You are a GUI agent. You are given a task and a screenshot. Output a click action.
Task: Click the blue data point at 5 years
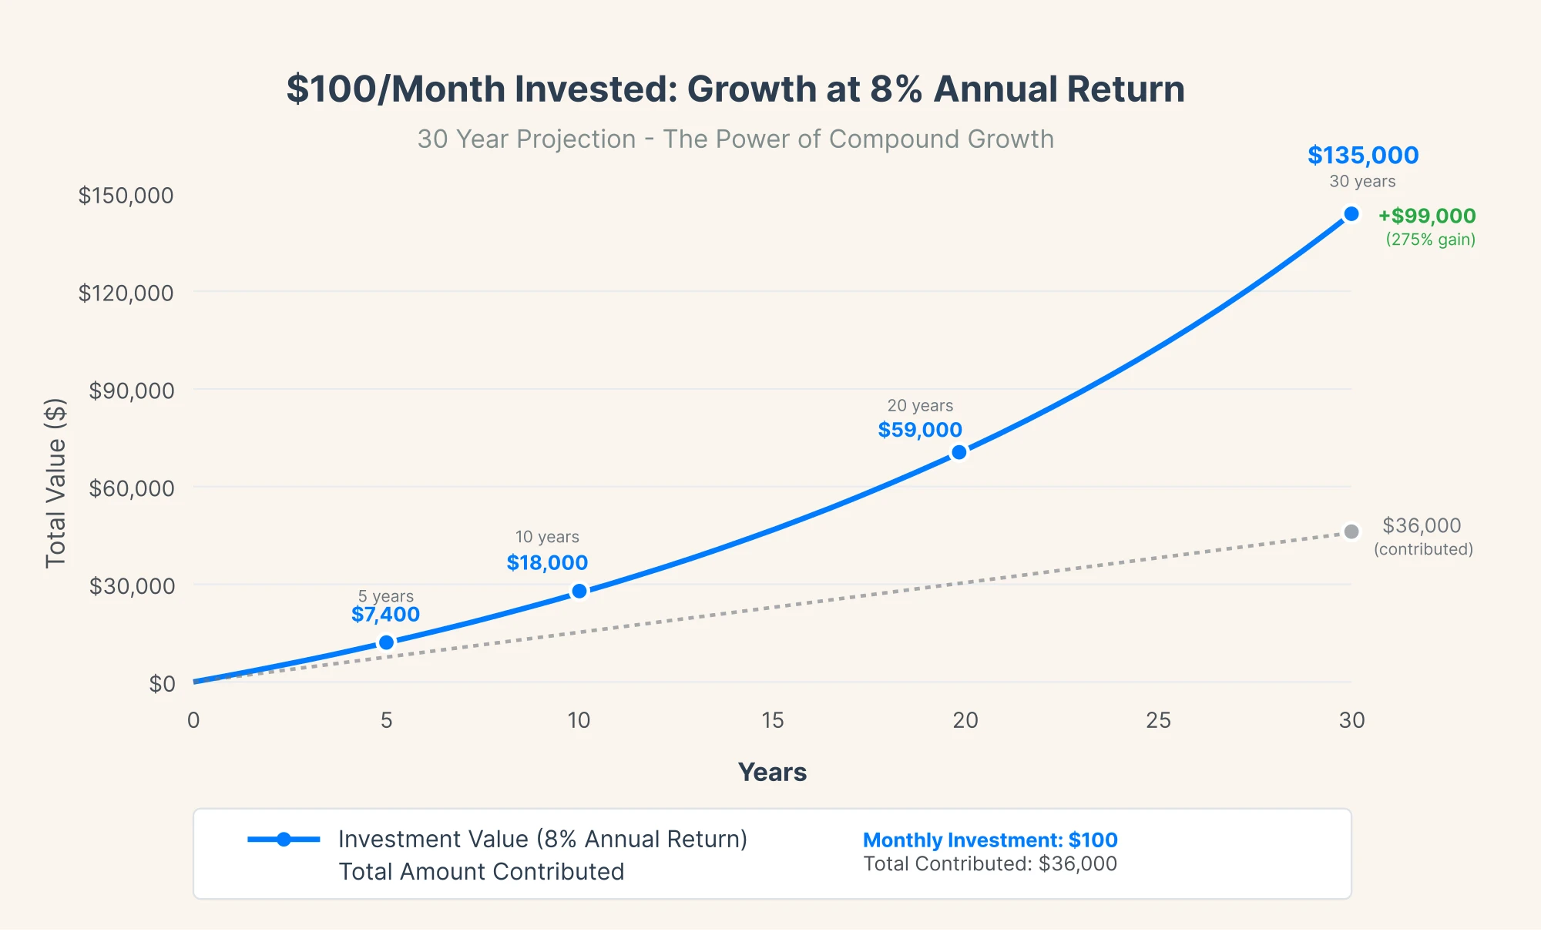click(x=387, y=642)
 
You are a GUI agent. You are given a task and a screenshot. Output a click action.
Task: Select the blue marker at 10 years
click(x=579, y=591)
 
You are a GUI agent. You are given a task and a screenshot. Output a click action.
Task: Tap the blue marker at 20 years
click(x=959, y=452)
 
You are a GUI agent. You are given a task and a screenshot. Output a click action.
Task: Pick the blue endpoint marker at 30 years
click(x=1351, y=214)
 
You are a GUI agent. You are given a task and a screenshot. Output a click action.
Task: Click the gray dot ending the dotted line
click(x=1351, y=531)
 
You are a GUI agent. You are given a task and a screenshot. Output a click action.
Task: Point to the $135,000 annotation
click(x=1362, y=156)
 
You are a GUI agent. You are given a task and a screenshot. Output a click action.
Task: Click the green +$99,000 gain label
click(x=1427, y=216)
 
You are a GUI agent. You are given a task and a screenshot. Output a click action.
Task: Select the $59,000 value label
click(x=920, y=430)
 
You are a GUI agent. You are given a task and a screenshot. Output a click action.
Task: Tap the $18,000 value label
click(x=547, y=563)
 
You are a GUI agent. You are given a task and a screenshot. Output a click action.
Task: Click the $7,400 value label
click(x=385, y=615)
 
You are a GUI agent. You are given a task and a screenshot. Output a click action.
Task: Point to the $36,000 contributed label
click(x=1422, y=526)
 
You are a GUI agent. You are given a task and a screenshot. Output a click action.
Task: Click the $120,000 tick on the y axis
click(x=126, y=293)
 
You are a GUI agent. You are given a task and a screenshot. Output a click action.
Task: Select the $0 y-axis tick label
click(x=162, y=683)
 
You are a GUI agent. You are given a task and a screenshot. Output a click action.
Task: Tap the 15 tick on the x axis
click(x=772, y=720)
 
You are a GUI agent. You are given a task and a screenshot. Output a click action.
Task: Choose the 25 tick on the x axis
click(x=1158, y=720)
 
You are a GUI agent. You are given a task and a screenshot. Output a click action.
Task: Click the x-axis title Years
click(x=772, y=772)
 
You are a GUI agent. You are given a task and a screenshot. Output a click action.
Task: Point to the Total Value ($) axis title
click(x=55, y=483)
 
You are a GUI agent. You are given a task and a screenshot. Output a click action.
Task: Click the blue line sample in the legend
click(x=284, y=839)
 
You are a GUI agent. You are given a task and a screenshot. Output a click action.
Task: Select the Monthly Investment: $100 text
click(x=989, y=840)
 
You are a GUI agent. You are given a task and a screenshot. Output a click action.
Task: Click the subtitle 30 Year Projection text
click(x=735, y=139)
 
